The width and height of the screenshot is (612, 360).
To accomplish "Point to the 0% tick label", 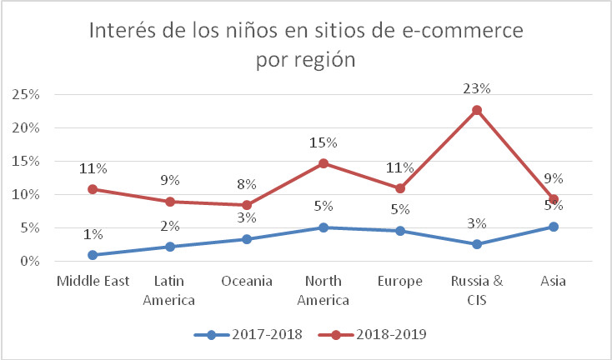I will click(x=29, y=262).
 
